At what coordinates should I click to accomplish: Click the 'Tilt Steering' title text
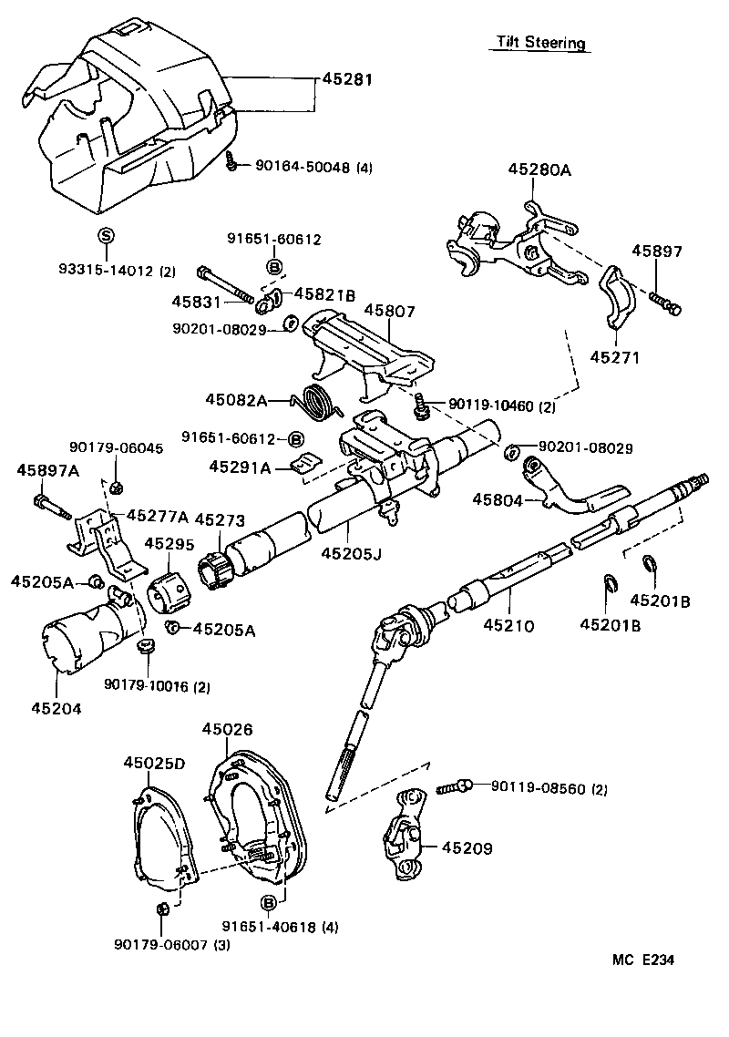tap(540, 43)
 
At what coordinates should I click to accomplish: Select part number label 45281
tap(347, 79)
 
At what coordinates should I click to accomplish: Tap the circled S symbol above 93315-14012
tap(105, 236)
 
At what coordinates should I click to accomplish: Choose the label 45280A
tap(539, 169)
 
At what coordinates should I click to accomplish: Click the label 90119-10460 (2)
tap(501, 406)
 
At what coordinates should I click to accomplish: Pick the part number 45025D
tap(154, 763)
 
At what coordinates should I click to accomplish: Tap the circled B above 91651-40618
tap(269, 902)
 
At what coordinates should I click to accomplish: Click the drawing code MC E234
tap(644, 960)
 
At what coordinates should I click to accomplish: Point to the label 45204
tap(56, 707)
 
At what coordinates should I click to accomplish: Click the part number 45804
tap(498, 499)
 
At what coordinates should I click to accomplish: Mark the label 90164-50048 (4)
tap(313, 167)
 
